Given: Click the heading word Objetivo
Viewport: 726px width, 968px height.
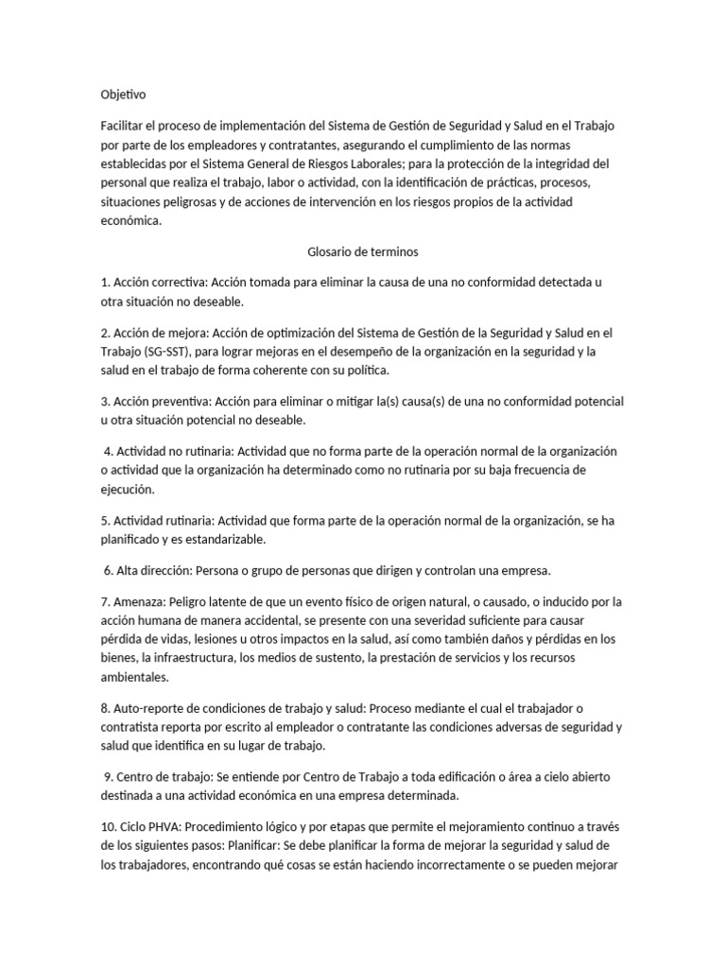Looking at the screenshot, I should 124,95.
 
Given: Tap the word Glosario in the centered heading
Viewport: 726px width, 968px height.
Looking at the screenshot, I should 331,252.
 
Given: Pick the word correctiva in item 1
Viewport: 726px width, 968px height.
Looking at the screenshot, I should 177,282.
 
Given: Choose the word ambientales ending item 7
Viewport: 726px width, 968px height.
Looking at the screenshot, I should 135,676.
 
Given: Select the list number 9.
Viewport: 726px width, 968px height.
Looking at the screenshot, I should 107,776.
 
